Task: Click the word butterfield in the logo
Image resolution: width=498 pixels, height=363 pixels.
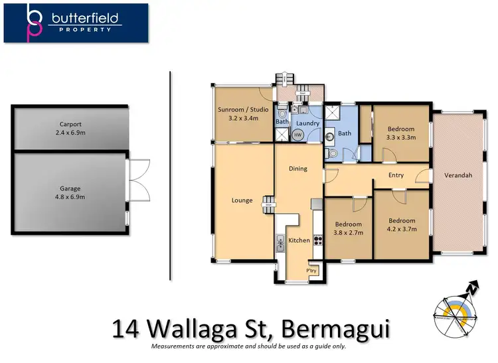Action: pyautogui.click(x=86, y=19)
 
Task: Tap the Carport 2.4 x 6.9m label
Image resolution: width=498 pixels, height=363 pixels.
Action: pyautogui.click(x=70, y=128)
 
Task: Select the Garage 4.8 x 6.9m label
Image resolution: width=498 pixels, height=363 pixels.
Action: pyautogui.click(x=70, y=192)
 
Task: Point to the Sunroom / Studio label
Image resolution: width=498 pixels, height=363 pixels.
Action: pyautogui.click(x=242, y=113)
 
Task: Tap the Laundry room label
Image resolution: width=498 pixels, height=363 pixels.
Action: pyautogui.click(x=307, y=123)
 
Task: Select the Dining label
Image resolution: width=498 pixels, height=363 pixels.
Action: pyautogui.click(x=298, y=169)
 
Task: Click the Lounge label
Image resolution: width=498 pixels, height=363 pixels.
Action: pyautogui.click(x=242, y=200)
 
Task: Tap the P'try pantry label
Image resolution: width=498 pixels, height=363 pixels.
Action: pyautogui.click(x=311, y=271)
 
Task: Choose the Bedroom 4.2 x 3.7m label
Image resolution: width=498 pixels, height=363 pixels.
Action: pyautogui.click(x=402, y=225)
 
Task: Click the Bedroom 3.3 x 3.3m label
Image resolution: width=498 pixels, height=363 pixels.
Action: pyautogui.click(x=401, y=133)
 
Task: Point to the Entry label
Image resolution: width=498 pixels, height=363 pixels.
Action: pyautogui.click(x=396, y=175)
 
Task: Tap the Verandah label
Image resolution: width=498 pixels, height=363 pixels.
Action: pyautogui.click(x=457, y=175)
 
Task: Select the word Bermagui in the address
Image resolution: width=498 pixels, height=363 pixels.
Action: pyautogui.click(x=336, y=328)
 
